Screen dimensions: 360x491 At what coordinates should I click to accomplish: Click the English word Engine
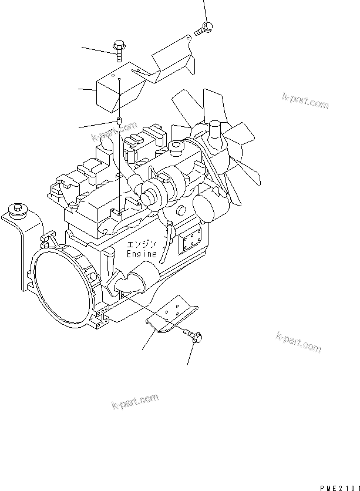click(x=142, y=253)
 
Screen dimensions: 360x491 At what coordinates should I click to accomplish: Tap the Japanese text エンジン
click(x=141, y=244)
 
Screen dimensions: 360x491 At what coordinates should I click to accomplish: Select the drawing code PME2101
click(x=340, y=488)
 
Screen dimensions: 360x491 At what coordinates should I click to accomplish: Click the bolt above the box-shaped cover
click(x=119, y=51)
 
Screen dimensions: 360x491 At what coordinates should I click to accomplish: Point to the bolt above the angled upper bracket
click(x=204, y=28)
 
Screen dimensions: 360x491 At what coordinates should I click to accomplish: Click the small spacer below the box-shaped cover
click(x=119, y=120)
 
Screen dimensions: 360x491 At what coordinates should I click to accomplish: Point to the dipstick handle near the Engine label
click(x=166, y=241)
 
